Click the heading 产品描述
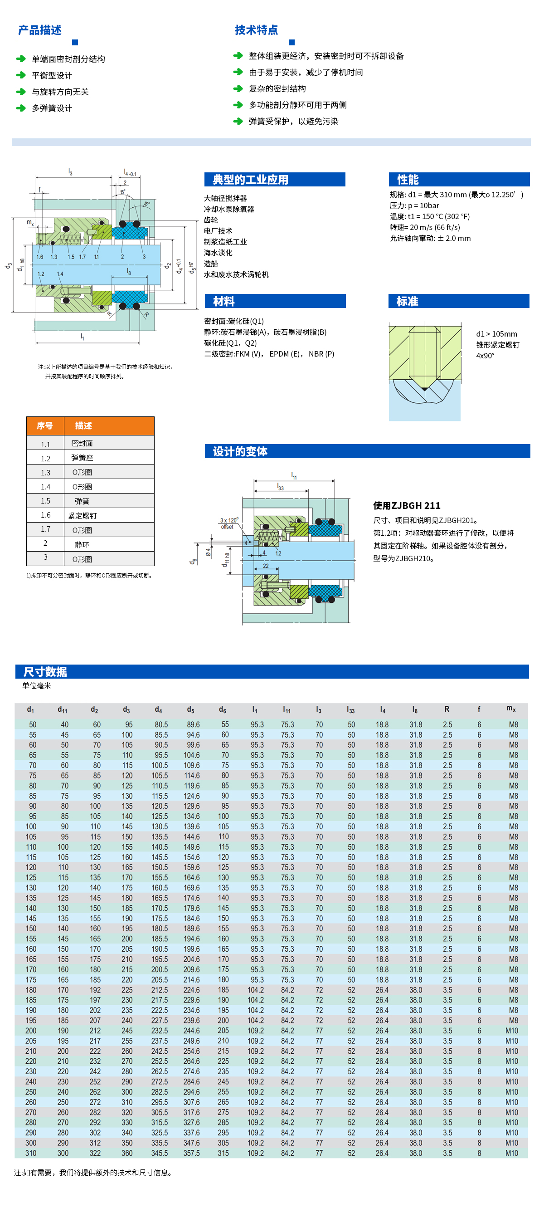pos(40,30)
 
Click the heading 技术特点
pos(256,30)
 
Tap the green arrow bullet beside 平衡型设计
pos(20,75)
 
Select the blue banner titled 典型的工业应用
pos(275,180)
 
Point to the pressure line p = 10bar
pos(414,206)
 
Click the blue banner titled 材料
pos(275,302)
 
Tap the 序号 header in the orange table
pos(45,426)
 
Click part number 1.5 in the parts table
pos(45,501)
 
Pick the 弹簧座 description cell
pos(82,458)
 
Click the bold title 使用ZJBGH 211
pos(407,505)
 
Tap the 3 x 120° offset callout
pos(228,523)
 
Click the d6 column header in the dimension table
pos(223,709)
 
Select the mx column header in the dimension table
pos(511,709)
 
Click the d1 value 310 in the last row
pos(31,1153)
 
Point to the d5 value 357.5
pos(192,1153)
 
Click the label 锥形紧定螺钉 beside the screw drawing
pos(498,345)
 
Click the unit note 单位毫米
pos(37,685)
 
